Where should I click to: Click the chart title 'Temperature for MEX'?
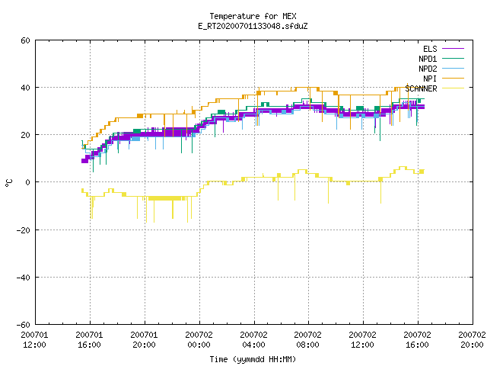[253, 16]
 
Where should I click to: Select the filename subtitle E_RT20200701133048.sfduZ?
[253, 26]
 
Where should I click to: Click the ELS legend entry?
[430, 49]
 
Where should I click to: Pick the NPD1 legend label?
[428, 59]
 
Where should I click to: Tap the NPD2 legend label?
[428, 69]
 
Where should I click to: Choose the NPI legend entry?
[430, 79]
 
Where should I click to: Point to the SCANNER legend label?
[421, 88]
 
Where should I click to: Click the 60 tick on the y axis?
[25, 40]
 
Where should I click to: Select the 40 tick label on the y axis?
[25, 88]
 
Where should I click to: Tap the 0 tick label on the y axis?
[28, 182]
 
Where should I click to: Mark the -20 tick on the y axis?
[24, 230]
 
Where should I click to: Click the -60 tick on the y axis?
[24, 325]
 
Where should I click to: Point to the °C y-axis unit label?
[8, 182]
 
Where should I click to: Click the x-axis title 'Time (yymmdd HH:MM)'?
[253, 359]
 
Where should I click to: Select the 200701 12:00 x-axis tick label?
[35, 340]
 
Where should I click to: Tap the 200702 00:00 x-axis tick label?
[199, 340]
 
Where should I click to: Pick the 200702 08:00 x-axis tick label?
[308, 340]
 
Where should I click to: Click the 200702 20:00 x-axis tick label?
[472, 340]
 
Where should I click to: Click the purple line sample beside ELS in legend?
[453, 49]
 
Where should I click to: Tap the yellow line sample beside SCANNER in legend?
[453, 88]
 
